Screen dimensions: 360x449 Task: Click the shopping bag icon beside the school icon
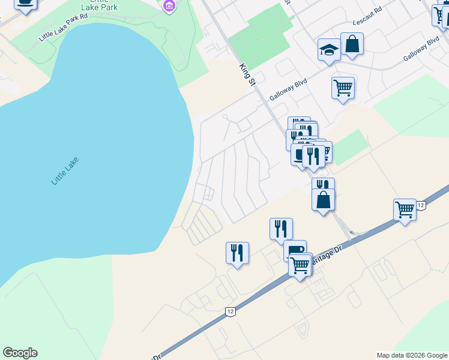pyautogui.click(x=352, y=44)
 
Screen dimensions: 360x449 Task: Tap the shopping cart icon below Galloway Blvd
pyautogui.click(x=343, y=88)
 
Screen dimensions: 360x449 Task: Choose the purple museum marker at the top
pyautogui.click(x=169, y=6)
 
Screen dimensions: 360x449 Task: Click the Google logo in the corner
pyautogui.click(x=20, y=353)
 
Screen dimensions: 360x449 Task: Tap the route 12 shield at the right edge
pyautogui.click(x=421, y=206)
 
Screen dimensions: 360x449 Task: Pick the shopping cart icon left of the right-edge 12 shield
pyautogui.click(x=405, y=210)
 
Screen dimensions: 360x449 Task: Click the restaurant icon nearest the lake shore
pyautogui.click(x=237, y=253)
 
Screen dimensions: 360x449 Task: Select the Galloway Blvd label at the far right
pyautogui.click(x=421, y=49)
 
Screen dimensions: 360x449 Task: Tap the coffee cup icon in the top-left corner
pyautogui.click(x=25, y=4)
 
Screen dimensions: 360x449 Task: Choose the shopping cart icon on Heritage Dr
pyautogui.click(x=300, y=264)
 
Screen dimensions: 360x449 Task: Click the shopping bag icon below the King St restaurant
pyautogui.click(x=323, y=199)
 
